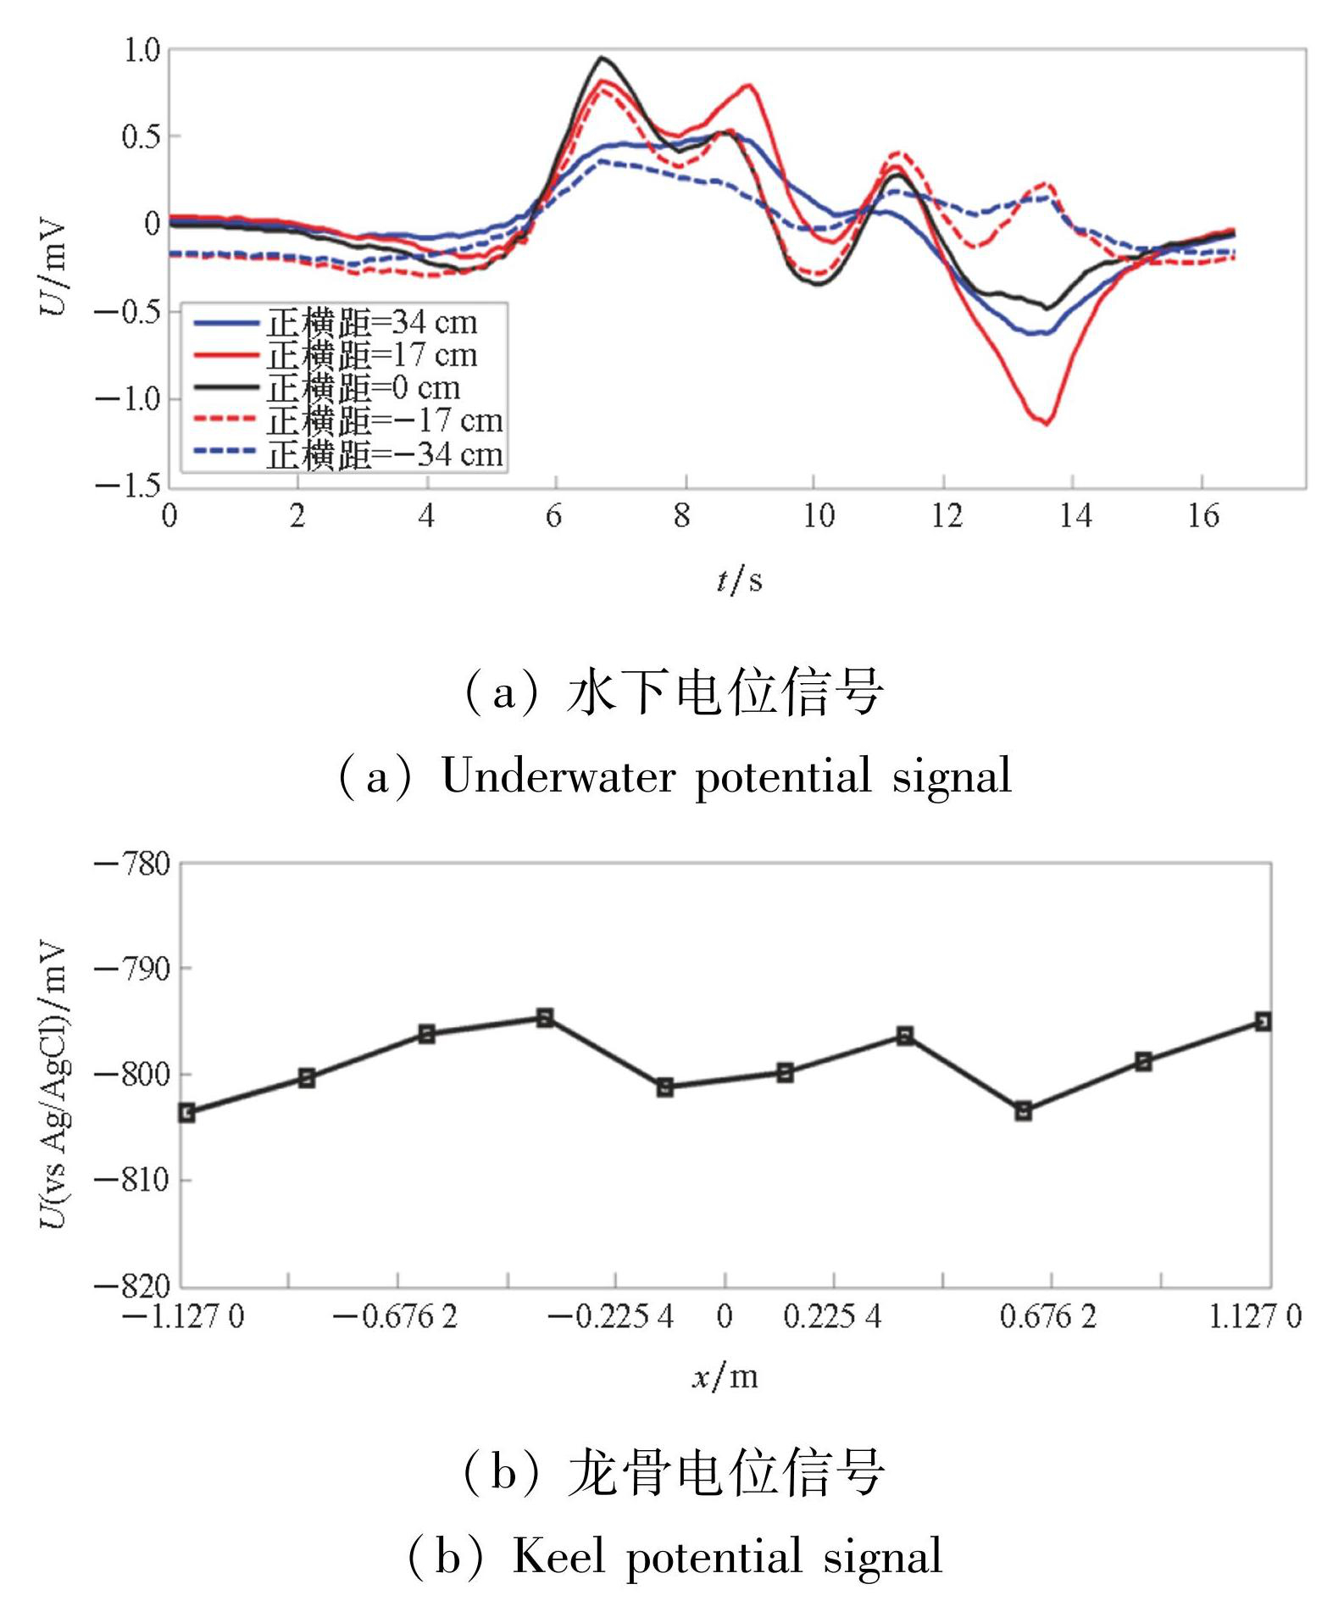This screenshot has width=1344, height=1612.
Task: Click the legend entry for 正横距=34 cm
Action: (x=373, y=323)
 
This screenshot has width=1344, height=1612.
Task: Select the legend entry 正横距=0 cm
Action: (x=364, y=388)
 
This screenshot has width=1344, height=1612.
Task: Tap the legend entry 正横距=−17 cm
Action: (x=386, y=421)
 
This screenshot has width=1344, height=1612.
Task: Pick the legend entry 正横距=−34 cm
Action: (x=386, y=455)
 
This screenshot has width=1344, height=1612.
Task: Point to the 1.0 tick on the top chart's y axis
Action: (x=142, y=51)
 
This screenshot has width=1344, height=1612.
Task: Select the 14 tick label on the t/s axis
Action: (x=1075, y=515)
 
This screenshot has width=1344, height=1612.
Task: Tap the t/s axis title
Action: (x=739, y=581)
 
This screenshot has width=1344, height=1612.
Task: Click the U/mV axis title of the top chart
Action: (x=53, y=268)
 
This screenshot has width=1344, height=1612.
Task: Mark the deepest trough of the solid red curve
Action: (x=1048, y=423)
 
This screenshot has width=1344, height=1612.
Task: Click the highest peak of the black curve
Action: (x=602, y=58)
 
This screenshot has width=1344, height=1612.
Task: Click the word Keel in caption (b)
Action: (x=558, y=1556)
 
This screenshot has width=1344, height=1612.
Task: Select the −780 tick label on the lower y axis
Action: (x=132, y=865)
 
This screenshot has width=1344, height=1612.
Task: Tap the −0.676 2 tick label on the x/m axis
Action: (x=395, y=1316)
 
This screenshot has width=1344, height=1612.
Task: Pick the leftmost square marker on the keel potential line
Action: (x=187, y=1113)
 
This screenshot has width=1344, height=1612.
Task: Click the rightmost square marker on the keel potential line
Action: (x=1263, y=1021)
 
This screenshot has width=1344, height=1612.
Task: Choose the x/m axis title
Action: (x=725, y=1376)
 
